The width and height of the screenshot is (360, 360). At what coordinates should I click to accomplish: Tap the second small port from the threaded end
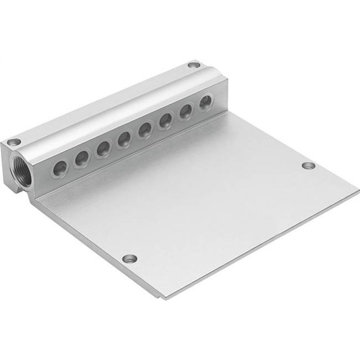[82, 157]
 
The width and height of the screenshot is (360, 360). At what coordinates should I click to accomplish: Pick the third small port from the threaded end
[103, 148]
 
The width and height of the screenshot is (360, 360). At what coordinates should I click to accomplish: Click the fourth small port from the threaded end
[125, 138]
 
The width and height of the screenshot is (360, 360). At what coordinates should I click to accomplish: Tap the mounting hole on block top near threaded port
[15, 142]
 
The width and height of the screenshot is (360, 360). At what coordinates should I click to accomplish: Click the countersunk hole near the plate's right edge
[308, 166]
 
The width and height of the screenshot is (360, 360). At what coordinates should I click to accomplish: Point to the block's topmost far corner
[197, 60]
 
